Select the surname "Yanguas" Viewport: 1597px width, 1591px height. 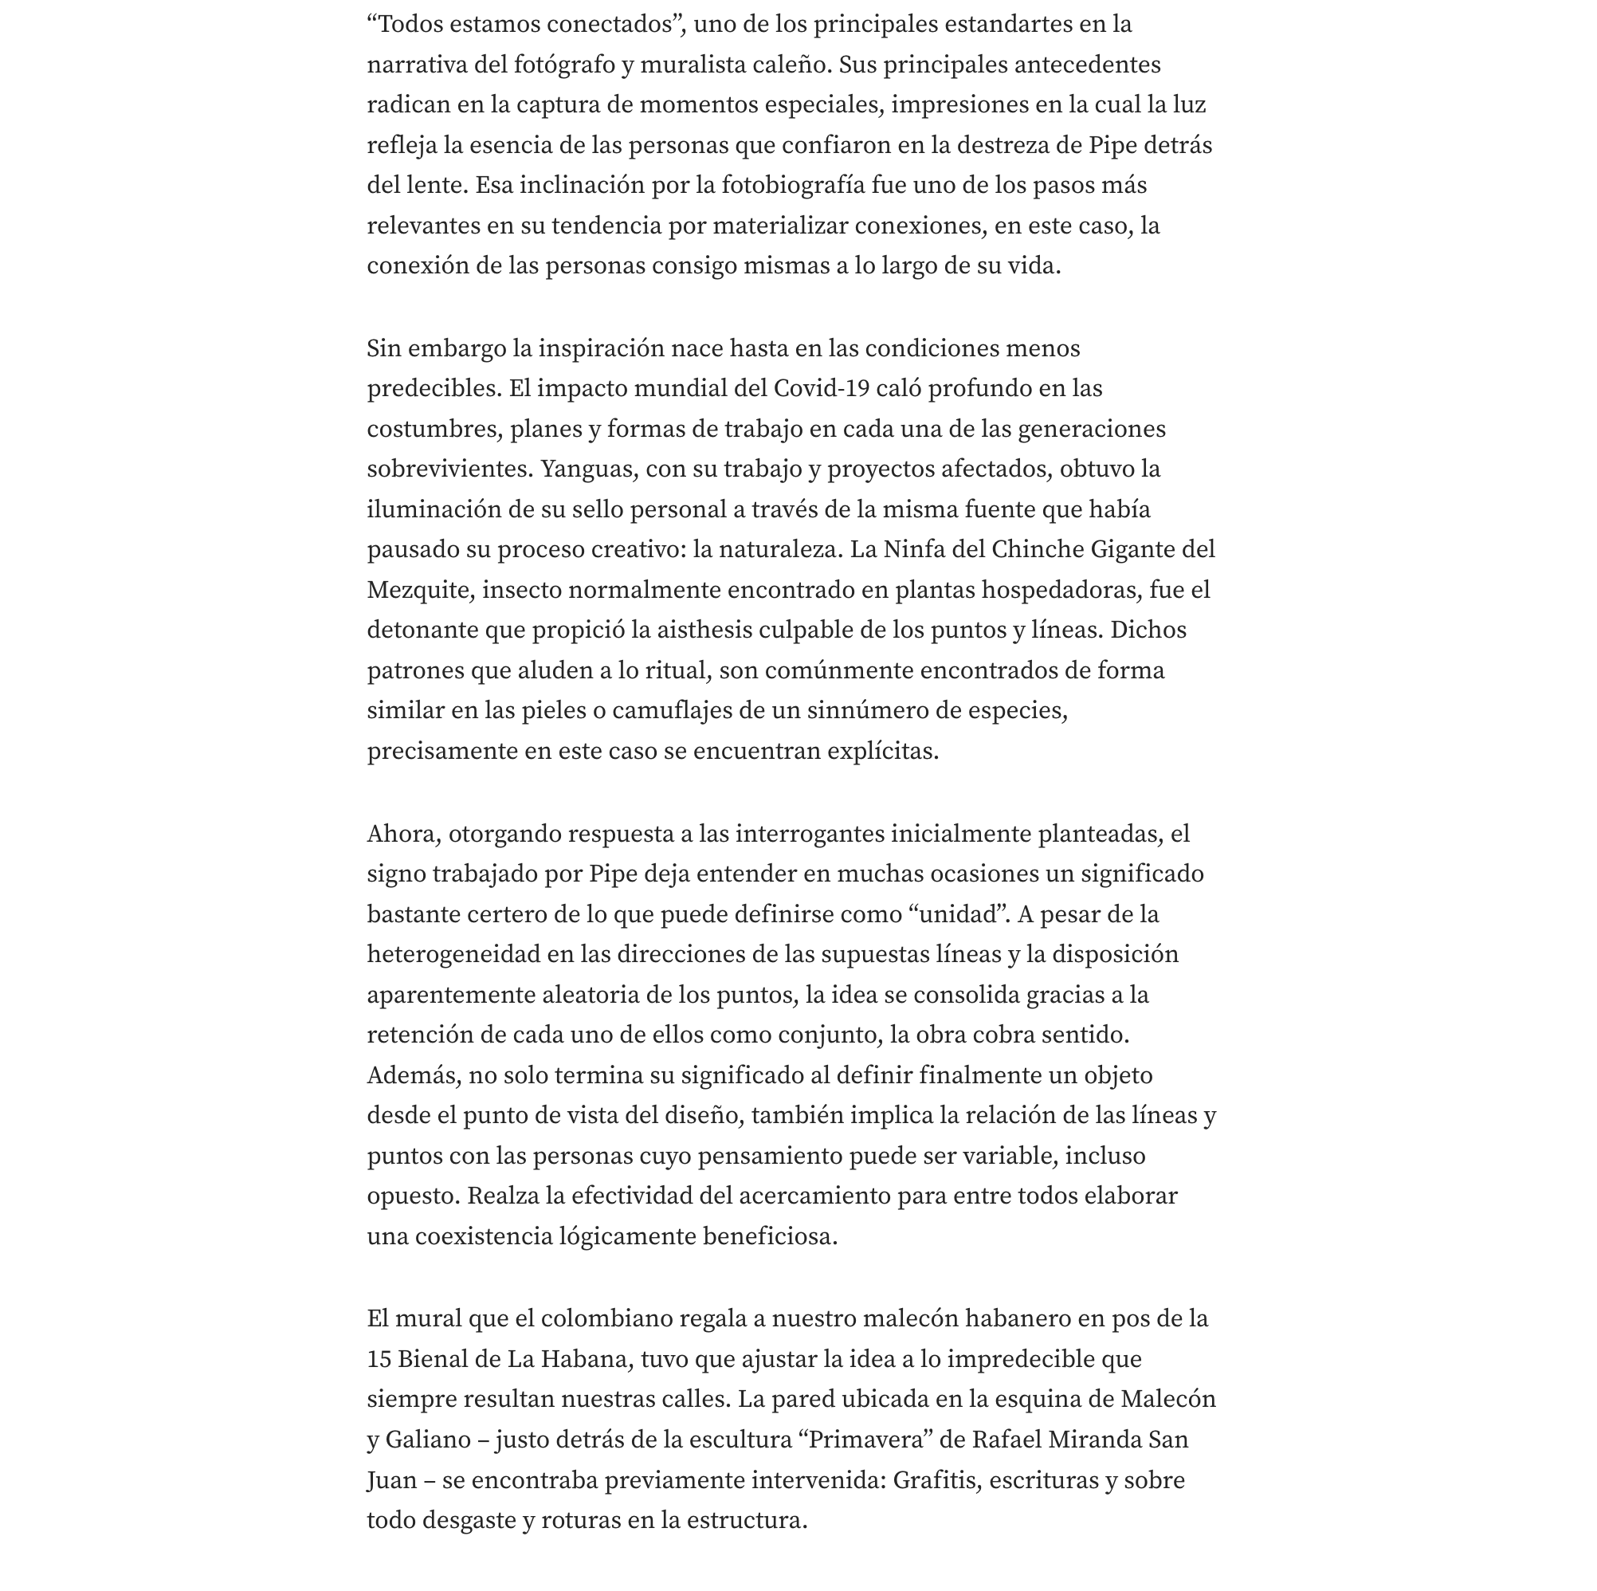(589, 469)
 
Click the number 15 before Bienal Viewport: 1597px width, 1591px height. (379, 1358)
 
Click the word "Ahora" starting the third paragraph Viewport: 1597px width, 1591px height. (402, 834)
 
